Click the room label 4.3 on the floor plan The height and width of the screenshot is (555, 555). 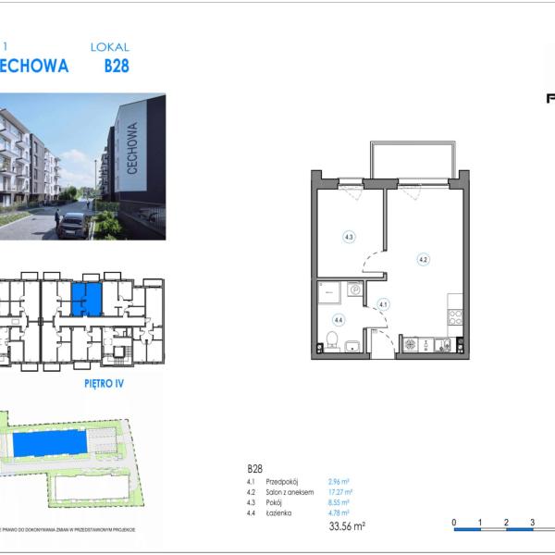(x=349, y=237)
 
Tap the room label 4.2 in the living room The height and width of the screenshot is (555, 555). (x=423, y=260)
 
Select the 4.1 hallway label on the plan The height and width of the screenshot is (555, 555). (x=383, y=302)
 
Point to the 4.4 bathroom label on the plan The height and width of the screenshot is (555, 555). (x=339, y=320)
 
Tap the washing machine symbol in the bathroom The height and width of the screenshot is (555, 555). (x=353, y=290)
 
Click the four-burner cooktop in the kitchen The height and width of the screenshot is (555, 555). (x=453, y=316)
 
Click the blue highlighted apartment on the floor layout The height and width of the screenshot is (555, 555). (x=86, y=297)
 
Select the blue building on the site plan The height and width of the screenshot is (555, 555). (x=52, y=444)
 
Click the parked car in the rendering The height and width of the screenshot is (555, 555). (x=73, y=224)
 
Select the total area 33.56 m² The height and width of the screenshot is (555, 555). (x=347, y=526)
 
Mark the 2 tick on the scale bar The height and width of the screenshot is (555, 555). (x=506, y=523)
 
